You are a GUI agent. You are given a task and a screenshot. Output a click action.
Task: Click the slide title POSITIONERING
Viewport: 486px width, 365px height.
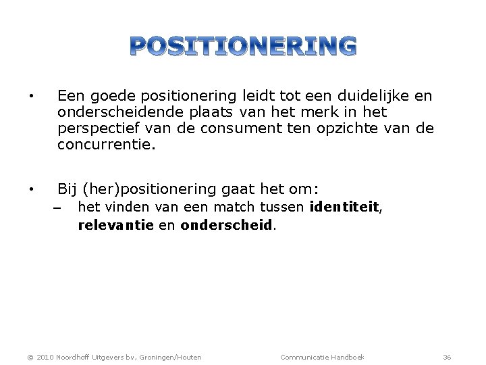pos(243,46)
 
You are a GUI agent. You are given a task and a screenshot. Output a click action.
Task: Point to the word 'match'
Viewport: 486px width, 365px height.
pos(232,208)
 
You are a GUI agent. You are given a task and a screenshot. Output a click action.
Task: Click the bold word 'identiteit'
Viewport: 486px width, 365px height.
pos(345,208)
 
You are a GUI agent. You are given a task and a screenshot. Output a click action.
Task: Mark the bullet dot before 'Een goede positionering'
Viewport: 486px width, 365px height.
pos(32,96)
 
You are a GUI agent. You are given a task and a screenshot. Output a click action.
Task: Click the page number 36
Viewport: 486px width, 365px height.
pos(447,357)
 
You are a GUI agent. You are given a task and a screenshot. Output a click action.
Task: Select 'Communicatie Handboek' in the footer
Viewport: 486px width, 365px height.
pos(322,357)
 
